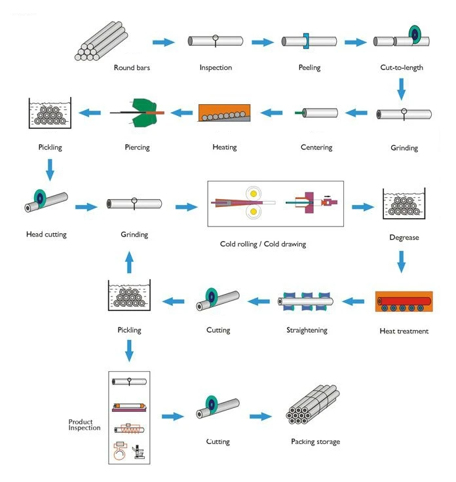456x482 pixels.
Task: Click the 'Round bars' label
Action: pyautogui.click(x=130, y=67)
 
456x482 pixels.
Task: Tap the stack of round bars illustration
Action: pyautogui.click(x=102, y=41)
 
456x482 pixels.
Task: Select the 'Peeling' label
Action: pyautogui.click(x=309, y=67)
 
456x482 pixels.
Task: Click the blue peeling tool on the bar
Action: pyautogui.click(x=305, y=41)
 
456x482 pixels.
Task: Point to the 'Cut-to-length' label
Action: pyautogui.click(x=402, y=67)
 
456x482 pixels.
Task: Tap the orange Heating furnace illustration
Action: pyautogui.click(x=224, y=112)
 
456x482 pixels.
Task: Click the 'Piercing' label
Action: pyautogui.click(x=136, y=147)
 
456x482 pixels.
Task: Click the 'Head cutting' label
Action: pyautogui.click(x=47, y=234)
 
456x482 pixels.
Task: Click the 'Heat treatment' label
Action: pyautogui.click(x=404, y=331)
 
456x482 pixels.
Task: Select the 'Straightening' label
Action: pyautogui.click(x=307, y=330)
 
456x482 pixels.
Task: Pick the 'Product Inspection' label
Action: pyautogui.click(x=85, y=424)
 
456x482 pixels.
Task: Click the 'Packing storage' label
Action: pyautogui.click(x=316, y=442)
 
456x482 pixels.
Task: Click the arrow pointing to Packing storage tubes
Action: pyautogui.click(x=259, y=417)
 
